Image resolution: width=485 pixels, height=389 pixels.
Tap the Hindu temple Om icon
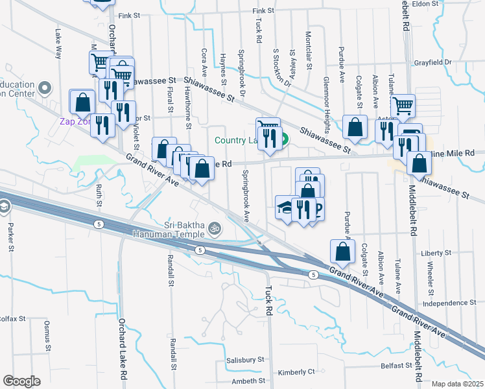215,228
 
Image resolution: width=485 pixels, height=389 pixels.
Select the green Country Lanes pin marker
284,139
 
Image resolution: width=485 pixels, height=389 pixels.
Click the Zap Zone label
73,121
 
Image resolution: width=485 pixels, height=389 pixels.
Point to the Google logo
21,381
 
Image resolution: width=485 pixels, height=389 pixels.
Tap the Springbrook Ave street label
246,197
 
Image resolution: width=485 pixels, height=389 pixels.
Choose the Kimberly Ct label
296,372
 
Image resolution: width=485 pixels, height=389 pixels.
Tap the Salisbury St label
246,359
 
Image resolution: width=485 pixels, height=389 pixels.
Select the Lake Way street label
59,44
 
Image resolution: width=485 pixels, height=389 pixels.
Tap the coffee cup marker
316,208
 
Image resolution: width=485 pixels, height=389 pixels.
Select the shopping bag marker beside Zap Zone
83,102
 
